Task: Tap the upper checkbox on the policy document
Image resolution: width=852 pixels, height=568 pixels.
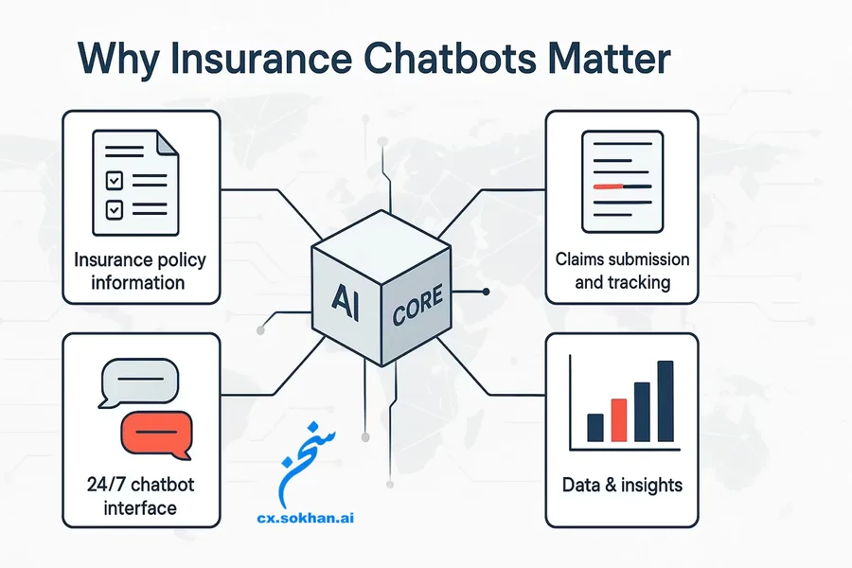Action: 112,177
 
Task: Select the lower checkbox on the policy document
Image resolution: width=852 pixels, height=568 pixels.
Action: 112,205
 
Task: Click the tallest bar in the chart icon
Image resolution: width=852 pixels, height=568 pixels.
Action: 666,401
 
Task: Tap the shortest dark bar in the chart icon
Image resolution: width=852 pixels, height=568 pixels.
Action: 595,428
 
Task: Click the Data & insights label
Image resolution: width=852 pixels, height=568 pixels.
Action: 622,485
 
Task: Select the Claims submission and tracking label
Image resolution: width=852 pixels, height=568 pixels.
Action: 622,270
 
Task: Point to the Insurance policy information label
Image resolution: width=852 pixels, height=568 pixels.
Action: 140,270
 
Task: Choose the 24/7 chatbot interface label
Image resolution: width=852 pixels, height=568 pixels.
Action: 140,496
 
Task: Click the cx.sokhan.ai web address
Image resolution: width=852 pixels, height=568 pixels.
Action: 311,518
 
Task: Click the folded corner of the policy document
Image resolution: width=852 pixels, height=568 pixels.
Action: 165,144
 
